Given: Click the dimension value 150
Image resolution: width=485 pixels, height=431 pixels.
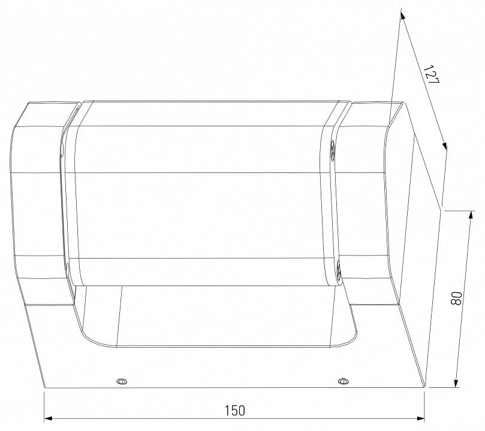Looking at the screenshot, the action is [x=234, y=410].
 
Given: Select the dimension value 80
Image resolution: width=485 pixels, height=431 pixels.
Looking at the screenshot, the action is [x=456, y=298].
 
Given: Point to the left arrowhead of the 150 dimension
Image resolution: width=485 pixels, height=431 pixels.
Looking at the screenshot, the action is [x=48, y=418].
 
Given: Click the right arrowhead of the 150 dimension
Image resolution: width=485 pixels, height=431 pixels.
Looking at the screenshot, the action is [x=420, y=418].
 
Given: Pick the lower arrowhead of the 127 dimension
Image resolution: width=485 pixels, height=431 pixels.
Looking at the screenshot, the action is [x=445, y=146].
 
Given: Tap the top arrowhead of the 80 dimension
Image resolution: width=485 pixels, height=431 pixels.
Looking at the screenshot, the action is [x=471, y=215].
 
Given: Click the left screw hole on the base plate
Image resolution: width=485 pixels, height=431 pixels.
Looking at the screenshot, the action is [x=122, y=381].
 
